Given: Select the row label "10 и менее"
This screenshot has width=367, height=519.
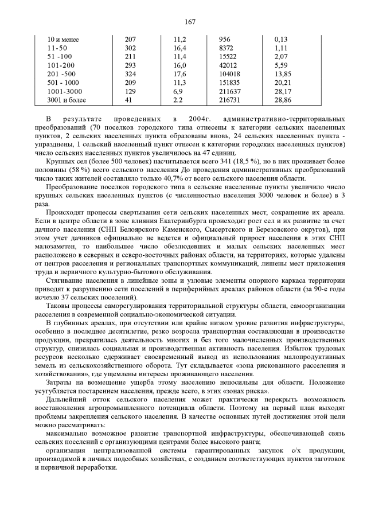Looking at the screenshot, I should pos(63,40).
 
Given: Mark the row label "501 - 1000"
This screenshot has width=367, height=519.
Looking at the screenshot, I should pos(64,83).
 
